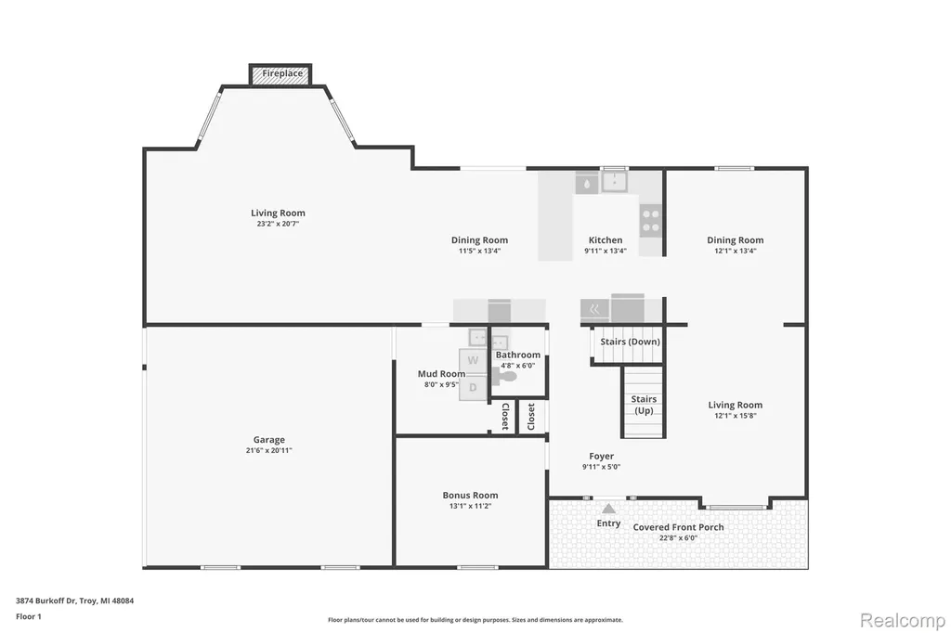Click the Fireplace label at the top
tap(282, 73)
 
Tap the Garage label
tap(268, 440)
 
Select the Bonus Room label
tap(470, 496)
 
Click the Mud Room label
tap(441, 374)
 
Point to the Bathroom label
tap(517, 355)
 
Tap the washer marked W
tap(473, 361)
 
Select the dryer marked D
tap(473, 387)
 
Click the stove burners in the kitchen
tap(651, 220)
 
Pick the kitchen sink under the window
tap(615, 182)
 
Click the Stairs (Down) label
tap(630, 342)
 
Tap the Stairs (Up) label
tap(644, 405)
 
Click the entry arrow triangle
tap(608, 508)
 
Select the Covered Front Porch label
tap(678, 527)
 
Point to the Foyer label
tap(601, 456)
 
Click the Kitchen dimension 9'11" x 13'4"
tap(606, 251)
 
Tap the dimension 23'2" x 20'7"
tap(278, 223)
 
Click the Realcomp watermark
tap(902, 620)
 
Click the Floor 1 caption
tap(29, 616)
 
